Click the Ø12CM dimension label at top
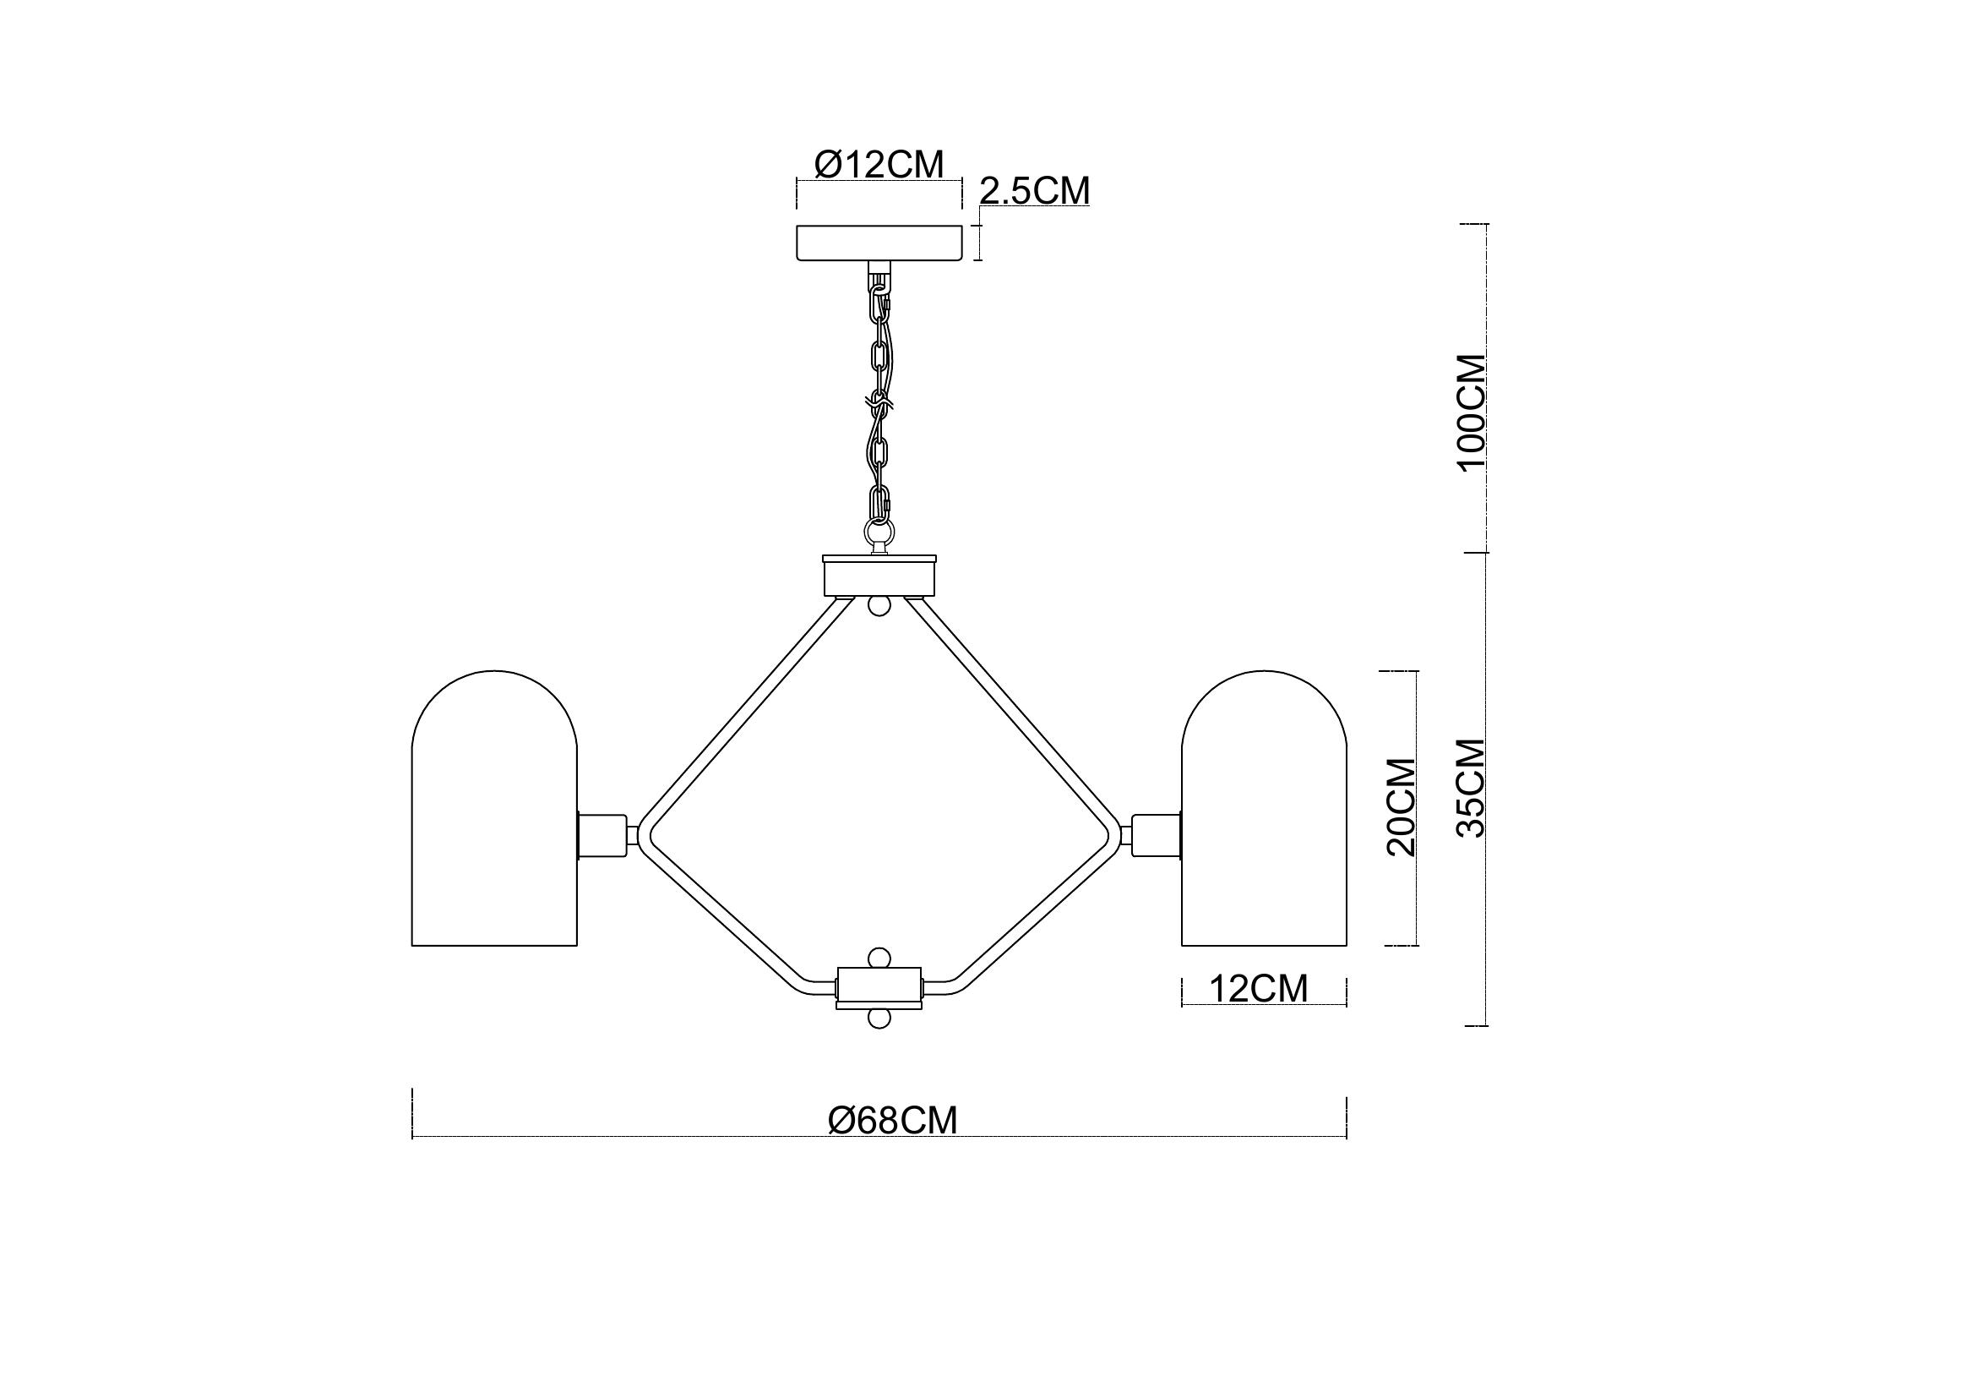point(878,164)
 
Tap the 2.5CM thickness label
point(1035,191)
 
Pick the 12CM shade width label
point(1259,989)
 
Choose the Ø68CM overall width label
point(892,1121)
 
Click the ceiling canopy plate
point(879,243)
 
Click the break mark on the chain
point(879,402)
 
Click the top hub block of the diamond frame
point(879,576)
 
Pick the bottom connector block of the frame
point(879,988)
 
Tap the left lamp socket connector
point(602,835)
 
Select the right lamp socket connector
point(1157,835)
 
